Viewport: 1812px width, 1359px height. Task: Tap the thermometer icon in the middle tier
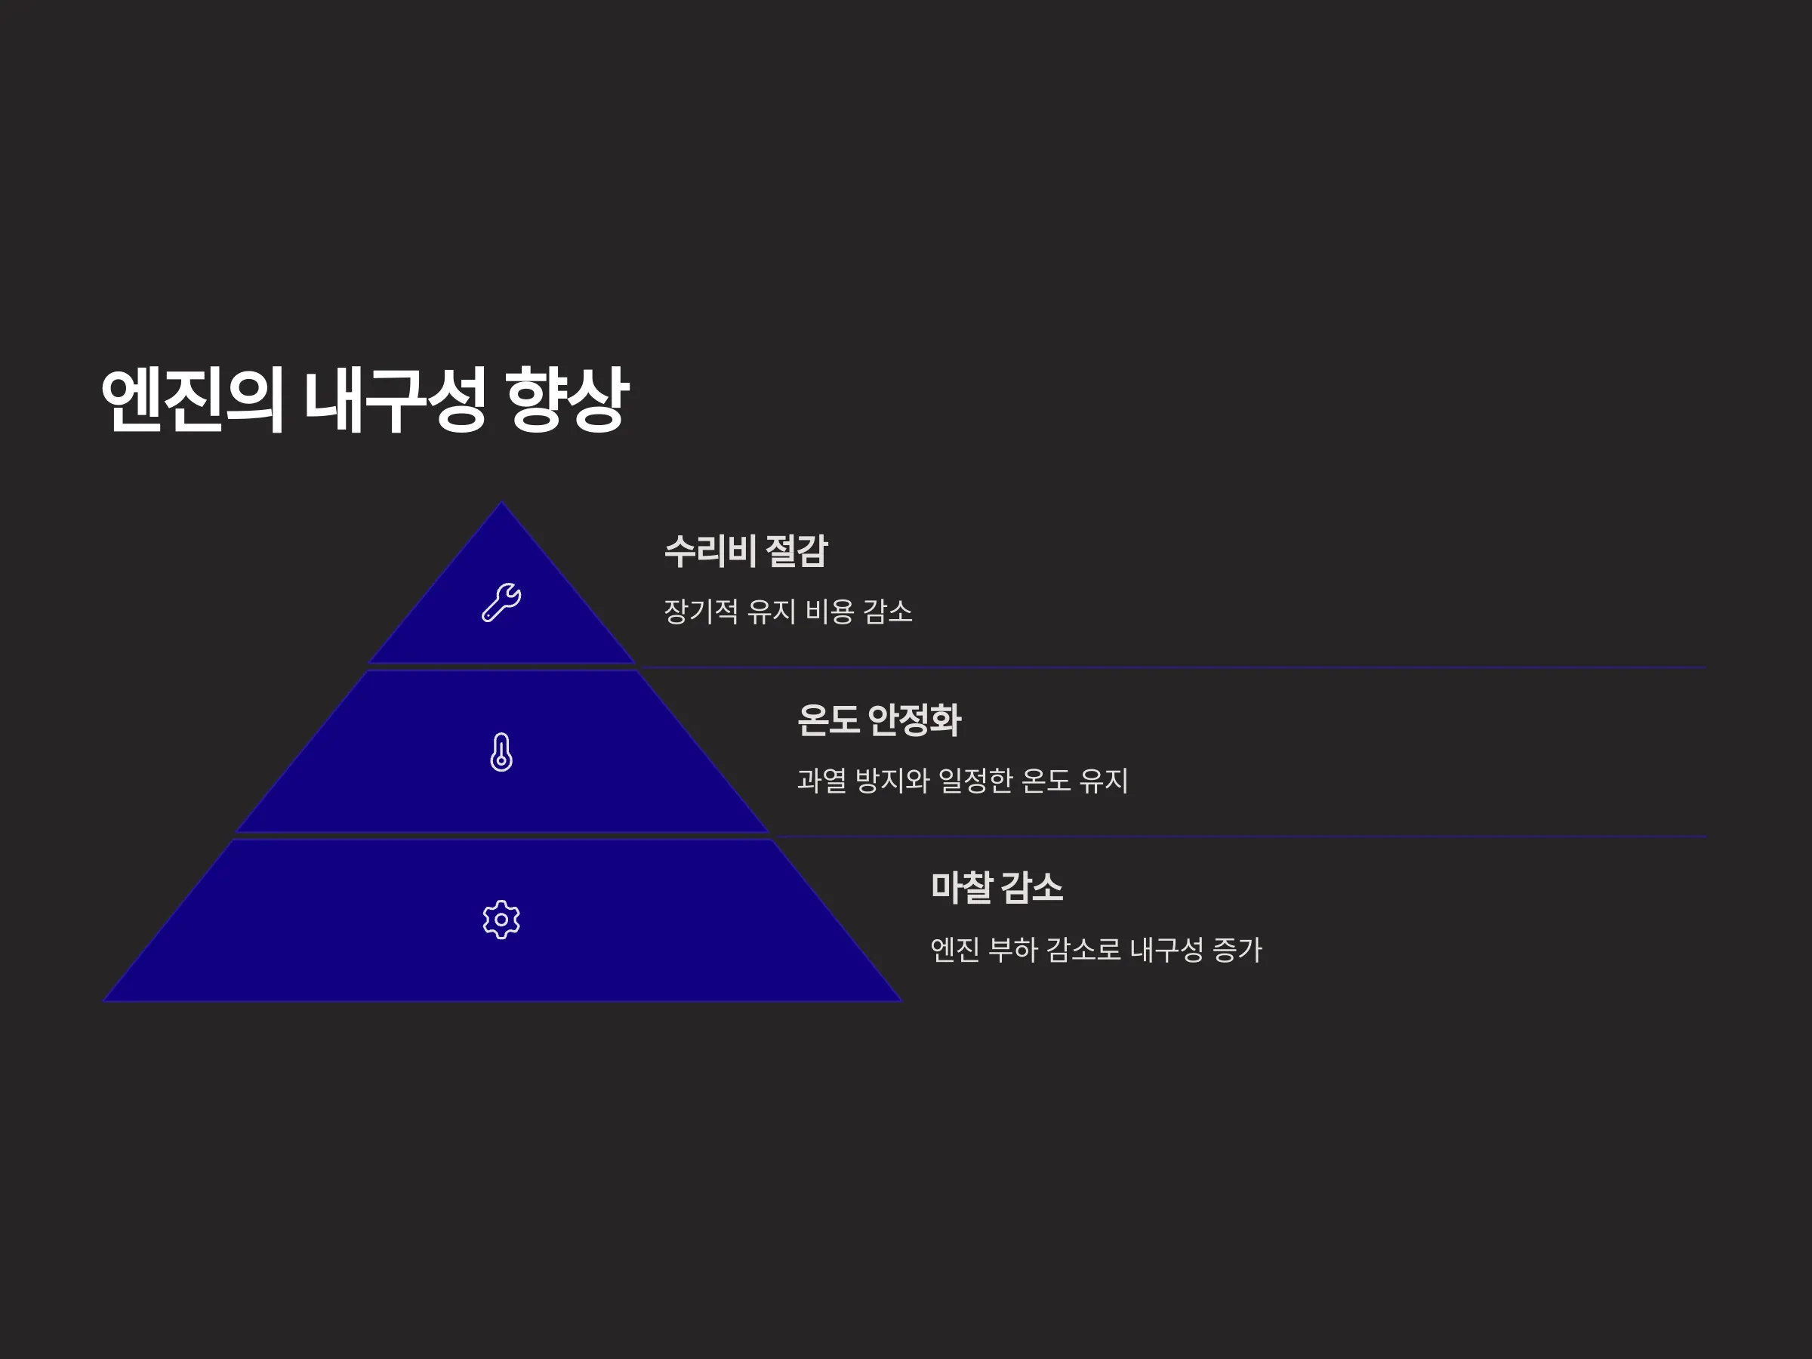501,752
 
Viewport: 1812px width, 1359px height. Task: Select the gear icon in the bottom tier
501,920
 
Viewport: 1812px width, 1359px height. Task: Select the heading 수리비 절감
746,550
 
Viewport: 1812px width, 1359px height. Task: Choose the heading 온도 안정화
879,720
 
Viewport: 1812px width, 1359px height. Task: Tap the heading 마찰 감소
997,888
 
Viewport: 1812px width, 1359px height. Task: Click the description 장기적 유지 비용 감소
788,611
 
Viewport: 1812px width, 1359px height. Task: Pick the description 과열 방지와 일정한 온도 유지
963,780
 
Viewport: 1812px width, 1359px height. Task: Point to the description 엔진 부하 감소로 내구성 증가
1096,950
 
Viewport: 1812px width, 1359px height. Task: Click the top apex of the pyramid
502,502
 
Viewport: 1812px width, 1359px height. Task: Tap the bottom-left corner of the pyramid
104,1001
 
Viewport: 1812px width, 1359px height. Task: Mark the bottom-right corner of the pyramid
901,1001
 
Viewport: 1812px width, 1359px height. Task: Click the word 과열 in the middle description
821,780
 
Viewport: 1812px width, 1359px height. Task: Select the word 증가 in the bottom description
1237,950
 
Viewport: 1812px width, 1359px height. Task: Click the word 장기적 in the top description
701,611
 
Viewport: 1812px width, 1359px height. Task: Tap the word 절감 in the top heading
797,550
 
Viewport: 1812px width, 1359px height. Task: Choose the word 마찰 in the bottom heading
963,888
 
